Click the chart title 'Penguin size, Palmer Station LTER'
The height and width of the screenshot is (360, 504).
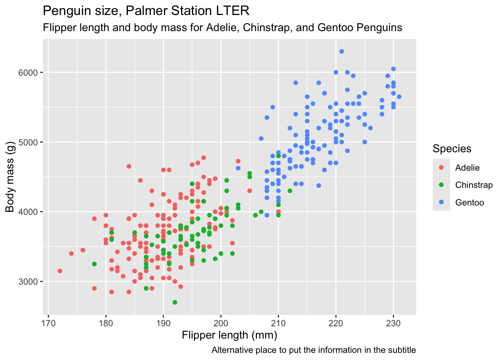146,11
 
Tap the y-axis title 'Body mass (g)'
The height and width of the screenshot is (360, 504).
10,177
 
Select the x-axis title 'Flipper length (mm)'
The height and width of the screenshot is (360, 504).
229,335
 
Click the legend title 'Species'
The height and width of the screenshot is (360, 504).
452,149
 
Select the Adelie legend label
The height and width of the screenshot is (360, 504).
467,168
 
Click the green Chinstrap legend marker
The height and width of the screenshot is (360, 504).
441,185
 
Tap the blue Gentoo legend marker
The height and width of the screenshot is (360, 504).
441,202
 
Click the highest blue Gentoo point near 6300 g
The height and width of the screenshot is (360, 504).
342,51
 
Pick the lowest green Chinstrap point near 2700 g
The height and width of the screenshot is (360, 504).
175,302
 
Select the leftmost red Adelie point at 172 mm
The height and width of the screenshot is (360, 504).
60,271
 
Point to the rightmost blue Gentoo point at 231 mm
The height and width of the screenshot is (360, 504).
399,97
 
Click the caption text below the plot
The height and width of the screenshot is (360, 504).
313,350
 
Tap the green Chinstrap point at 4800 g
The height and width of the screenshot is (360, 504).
278,156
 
